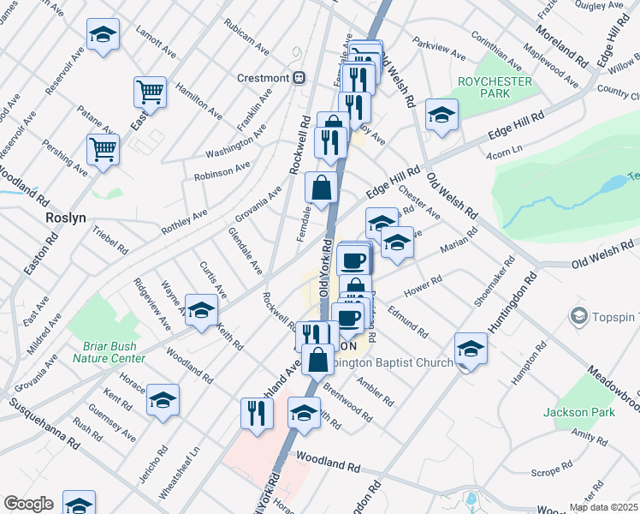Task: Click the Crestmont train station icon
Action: click(299, 78)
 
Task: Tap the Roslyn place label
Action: click(66, 218)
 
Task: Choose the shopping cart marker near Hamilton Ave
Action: click(151, 91)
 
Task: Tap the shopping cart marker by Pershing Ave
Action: click(104, 149)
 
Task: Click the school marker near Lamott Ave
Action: click(104, 34)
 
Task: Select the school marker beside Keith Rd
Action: click(202, 310)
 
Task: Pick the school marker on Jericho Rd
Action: click(163, 399)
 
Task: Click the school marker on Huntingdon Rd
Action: click(471, 348)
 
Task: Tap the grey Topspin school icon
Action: click(579, 317)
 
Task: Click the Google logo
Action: click(28, 504)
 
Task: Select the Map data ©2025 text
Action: click(603, 507)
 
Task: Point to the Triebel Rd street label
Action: click(110, 239)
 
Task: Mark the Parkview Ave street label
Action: click(438, 48)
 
